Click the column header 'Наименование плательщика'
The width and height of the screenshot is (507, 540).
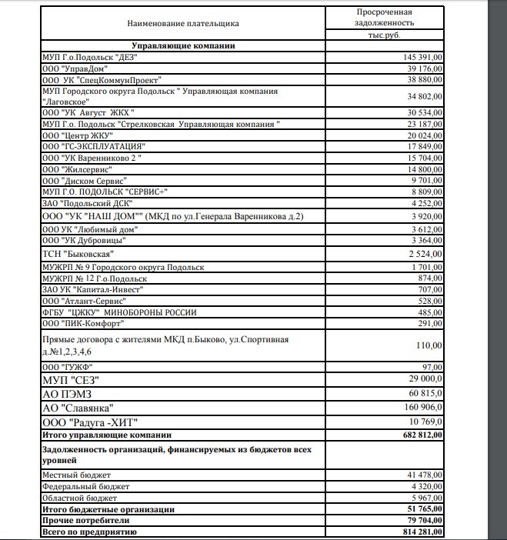coord(183,23)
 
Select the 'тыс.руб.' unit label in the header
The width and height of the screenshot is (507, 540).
coord(384,35)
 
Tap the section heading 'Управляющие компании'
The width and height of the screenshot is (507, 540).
coord(183,46)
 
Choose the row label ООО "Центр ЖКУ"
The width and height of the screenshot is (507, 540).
coord(78,135)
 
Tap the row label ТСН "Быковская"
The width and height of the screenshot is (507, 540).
coord(78,253)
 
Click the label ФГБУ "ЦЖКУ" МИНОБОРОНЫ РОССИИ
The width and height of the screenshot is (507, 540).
coord(119,312)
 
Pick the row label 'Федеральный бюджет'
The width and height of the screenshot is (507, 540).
coord(86,487)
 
